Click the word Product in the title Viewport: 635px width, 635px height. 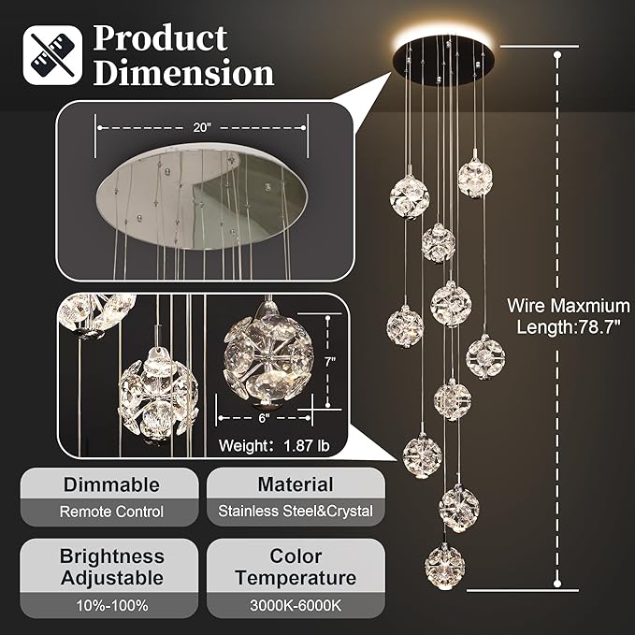[x=160, y=38]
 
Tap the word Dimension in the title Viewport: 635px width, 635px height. [x=183, y=73]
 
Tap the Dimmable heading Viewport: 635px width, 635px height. [x=111, y=484]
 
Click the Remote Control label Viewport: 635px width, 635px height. [x=111, y=512]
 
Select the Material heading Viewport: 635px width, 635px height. [x=296, y=484]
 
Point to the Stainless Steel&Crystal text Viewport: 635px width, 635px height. [x=296, y=512]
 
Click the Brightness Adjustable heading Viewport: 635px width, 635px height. [x=111, y=567]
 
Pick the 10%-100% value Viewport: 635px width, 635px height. [x=111, y=605]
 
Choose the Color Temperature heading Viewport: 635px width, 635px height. [x=296, y=567]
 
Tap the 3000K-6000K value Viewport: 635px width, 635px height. [x=296, y=605]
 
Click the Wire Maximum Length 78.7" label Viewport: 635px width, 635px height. [x=569, y=315]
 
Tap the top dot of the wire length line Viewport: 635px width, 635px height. [x=558, y=55]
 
